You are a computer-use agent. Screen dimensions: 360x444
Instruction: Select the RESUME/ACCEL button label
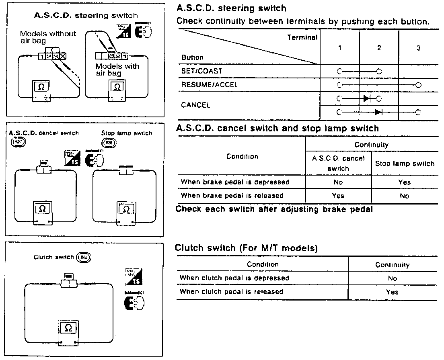point(209,85)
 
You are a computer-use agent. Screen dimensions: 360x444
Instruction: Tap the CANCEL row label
point(195,105)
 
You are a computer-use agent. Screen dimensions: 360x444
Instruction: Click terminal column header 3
point(418,48)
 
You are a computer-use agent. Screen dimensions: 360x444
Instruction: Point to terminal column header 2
point(379,48)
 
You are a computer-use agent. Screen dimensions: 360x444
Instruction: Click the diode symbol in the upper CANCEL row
point(367,98)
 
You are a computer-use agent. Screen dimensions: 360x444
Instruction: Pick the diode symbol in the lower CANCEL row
point(378,112)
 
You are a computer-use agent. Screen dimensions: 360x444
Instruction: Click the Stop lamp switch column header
point(405,164)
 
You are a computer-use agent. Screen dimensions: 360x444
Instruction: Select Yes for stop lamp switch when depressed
point(404,182)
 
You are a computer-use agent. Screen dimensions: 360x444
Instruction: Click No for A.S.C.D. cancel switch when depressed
point(338,182)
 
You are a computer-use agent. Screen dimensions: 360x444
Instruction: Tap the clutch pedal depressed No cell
point(392,278)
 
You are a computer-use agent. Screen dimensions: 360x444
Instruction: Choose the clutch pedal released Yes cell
point(392,292)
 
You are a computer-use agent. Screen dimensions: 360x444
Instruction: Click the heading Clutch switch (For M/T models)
point(246,248)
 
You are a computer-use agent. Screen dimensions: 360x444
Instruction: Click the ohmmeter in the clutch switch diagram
point(68,332)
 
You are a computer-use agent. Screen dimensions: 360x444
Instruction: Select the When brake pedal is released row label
point(232,196)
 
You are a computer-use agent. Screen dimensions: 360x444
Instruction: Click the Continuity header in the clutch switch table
point(392,265)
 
